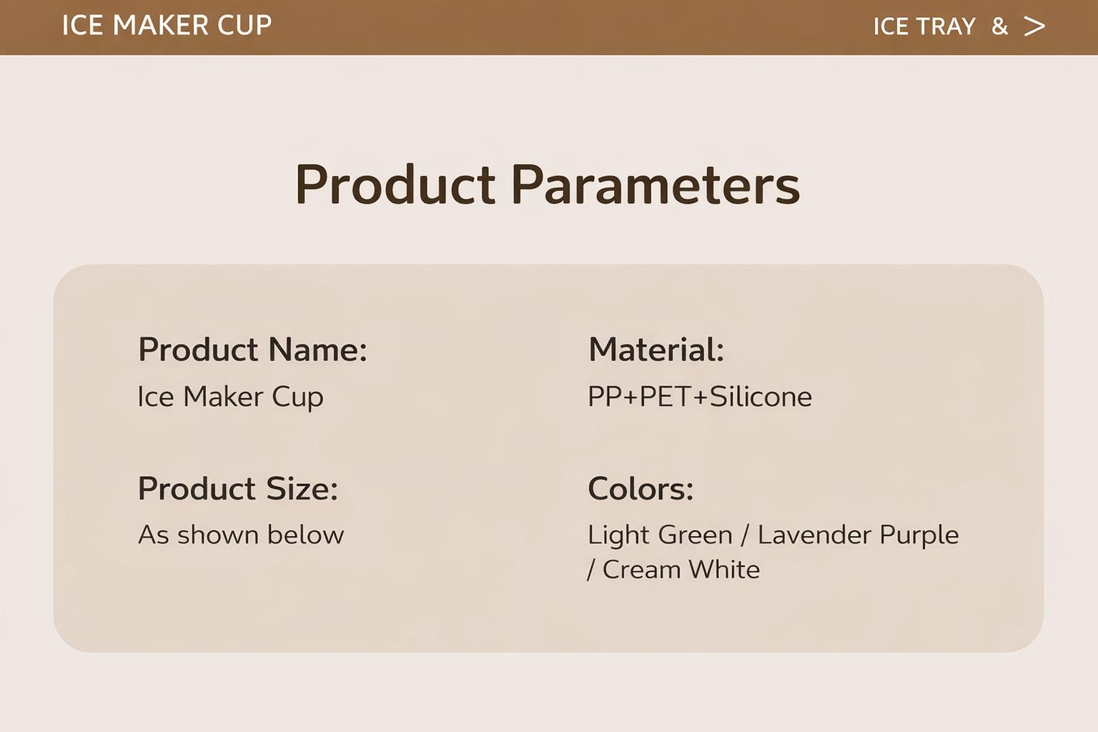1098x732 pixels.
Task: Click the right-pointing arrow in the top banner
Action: [1034, 26]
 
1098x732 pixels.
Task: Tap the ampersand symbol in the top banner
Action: [999, 26]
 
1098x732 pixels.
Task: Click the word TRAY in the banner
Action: [946, 26]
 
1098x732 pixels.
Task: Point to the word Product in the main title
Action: [395, 185]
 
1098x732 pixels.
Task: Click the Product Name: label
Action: [252, 350]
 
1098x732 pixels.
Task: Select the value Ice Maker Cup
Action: [230, 397]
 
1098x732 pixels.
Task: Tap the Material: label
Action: [656, 350]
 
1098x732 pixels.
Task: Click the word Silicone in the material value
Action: [761, 397]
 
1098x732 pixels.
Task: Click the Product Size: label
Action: [238, 489]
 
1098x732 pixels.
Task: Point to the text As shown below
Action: [241, 535]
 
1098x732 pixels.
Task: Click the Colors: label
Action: [640, 489]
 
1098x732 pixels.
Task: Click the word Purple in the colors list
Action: [919, 535]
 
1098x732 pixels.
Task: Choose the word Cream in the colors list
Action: [641, 570]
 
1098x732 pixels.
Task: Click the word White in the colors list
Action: [724, 570]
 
